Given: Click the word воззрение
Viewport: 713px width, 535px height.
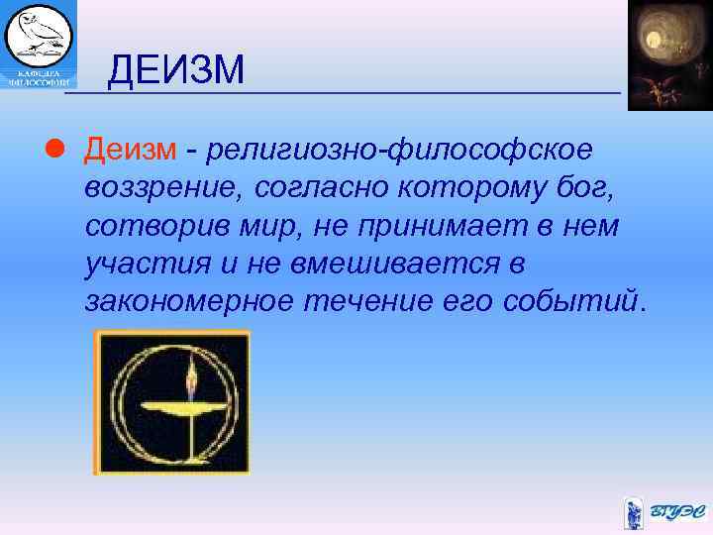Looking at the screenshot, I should (166, 188).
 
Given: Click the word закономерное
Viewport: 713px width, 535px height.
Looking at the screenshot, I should (188, 301).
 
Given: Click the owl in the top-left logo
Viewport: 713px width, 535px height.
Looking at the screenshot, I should (40, 35).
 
